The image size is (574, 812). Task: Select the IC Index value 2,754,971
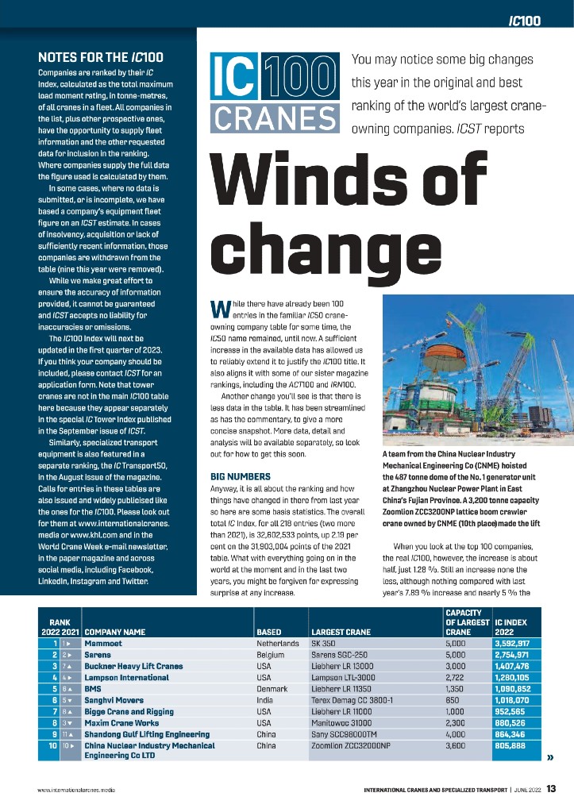coord(517,654)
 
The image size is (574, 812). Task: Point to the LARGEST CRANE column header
coord(341,632)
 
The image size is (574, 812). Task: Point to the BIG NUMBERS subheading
coord(242,475)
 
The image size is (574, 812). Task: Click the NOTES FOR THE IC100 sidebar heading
coord(101,57)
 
